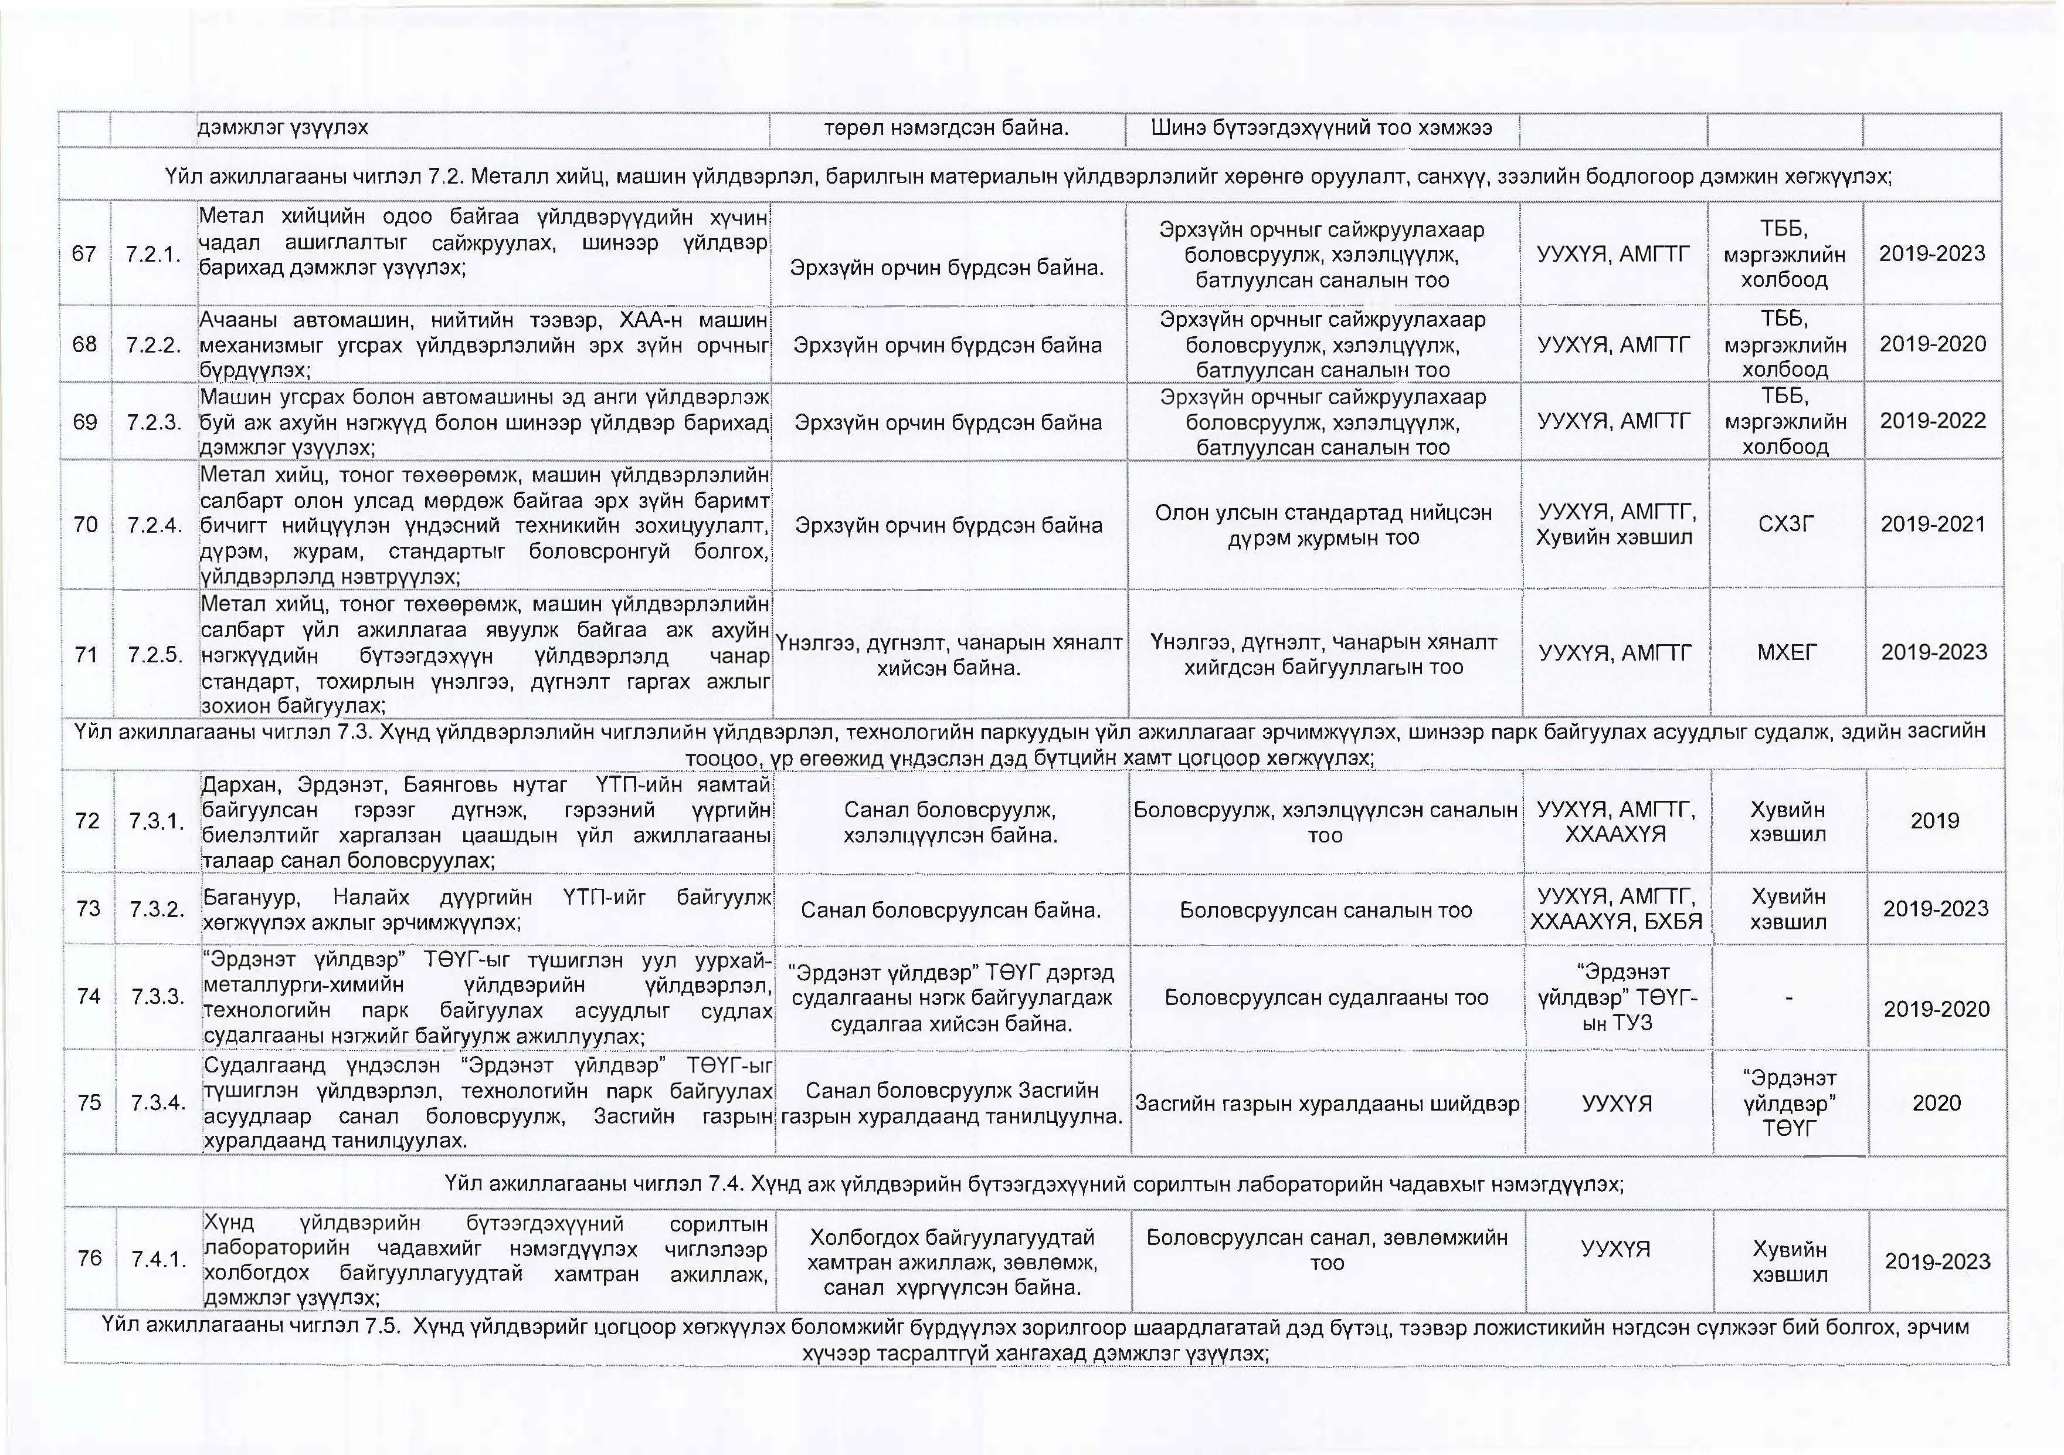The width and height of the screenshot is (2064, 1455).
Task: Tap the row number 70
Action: pyautogui.click(x=86, y=525)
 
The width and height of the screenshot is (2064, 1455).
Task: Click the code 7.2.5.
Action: pyautogui.click(x=155, y=654)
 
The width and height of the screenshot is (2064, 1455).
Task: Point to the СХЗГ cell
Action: pyautogui.click(x=1785, y=525)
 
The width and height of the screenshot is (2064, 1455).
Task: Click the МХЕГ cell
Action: pyautogui.click(x=1786, y=653)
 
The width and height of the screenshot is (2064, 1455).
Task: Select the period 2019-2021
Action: pyautogui.click(x=1933, y=525)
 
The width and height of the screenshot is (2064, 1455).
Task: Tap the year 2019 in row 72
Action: pyautogui.click(x=1934, y=821)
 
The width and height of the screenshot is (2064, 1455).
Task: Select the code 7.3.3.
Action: pyautogui.click(x=158, y=996)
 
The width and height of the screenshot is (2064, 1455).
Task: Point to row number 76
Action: pyautogui.click(x=90, y=1258)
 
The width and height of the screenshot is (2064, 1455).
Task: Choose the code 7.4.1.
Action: pyautogui.click(x=159, y=1259)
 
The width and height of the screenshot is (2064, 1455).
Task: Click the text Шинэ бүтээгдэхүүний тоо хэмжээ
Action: pyautogui.click(x=1322, y=128)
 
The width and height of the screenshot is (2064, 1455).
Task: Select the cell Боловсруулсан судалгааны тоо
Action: pyautogui.click(x=1326, y=998)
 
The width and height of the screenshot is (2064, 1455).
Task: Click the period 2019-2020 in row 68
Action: pyautogui.click(x=1933, y=344)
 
